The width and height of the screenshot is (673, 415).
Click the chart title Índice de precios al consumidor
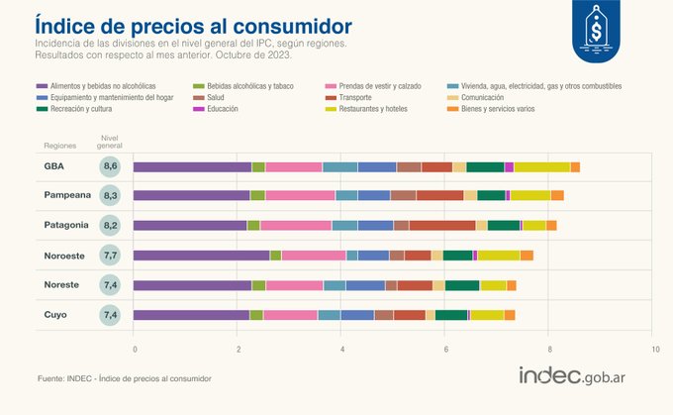pos(192,23)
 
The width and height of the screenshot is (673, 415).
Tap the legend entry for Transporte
pos(356,97)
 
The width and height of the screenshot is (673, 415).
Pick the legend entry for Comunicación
pos(482,97)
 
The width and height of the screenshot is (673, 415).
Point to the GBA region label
pos(53,166)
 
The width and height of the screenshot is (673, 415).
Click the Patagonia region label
pos(65,225)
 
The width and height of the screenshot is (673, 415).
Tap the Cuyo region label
pos(55,315)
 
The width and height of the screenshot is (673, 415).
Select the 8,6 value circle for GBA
pos(111,166)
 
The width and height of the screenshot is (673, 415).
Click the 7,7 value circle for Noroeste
pos(111,256)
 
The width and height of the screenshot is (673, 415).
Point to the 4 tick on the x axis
pos(342,350)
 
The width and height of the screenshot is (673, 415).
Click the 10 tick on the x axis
pos(653,350)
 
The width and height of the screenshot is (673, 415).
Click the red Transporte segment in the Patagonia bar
pos(441,226)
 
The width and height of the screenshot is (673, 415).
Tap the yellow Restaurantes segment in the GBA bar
pos(541,166)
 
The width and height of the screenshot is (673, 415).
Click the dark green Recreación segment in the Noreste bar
pos(462,285)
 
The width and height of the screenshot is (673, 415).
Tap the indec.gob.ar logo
pos(578,376)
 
